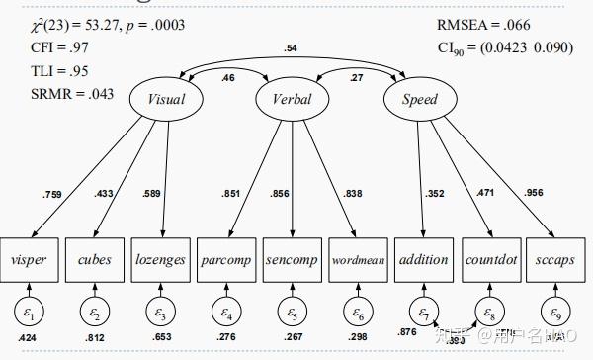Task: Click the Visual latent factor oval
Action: (x=166, y=99)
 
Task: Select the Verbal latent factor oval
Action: (x=292, y=99)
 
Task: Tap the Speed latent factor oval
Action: (x=419, y=99)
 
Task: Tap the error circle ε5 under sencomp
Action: (x=292, y=314)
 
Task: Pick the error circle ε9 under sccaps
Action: (x=554, y=314)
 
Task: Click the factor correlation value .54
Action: (x=291, y=47)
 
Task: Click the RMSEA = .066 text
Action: (x=476, y=23)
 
